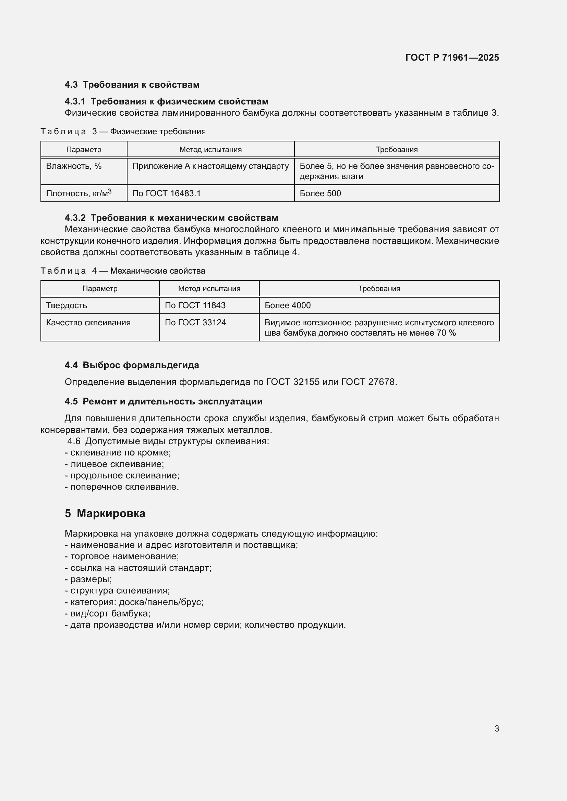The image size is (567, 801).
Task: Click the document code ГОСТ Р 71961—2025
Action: coord(452,58)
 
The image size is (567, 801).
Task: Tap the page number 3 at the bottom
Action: coord(496,728)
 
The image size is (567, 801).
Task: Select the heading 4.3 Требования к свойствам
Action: coord(132,85)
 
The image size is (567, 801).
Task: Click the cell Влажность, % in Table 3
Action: coord(74,166)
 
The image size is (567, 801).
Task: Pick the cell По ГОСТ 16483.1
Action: coord(167,193)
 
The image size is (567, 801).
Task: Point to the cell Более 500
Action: coord(320,193)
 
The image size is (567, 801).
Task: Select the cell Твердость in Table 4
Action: coord(67,305)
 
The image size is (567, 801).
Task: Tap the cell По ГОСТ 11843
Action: coord(195,305)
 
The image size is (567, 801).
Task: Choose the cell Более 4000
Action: coord(287,305)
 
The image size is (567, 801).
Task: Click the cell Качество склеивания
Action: coord(88,322)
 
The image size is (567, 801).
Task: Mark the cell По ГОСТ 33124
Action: coord(195,322)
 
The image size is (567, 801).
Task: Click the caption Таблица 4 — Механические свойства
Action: coord(123,271)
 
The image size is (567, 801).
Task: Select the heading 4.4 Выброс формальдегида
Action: coord(132,365)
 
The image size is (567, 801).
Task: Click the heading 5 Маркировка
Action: coord(105,513)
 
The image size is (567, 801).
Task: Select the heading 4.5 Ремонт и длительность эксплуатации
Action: coord(164,401)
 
